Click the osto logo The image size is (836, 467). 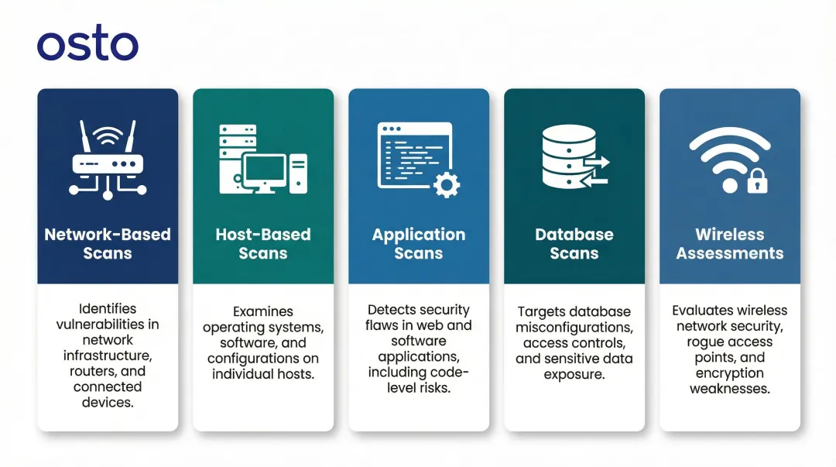point(87,46)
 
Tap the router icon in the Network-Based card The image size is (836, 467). point(108,160)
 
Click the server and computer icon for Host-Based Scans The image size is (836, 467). point(263,160)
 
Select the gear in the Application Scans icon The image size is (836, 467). point(446,184)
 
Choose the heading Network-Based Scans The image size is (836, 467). point(108,244)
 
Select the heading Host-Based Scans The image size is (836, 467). point(263,244)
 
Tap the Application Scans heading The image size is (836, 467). point(419,244)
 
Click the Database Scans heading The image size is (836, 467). point(574,244)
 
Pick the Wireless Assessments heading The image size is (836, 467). point(729,244)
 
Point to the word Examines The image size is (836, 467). point(263,311)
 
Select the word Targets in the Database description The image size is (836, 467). point(542,311)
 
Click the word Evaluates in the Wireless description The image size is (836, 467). point(702,310)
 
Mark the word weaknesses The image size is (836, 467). point(729,388)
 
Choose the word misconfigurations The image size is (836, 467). point(574,328)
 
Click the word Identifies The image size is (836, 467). point(108,308)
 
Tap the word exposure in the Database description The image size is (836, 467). point(574,374)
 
